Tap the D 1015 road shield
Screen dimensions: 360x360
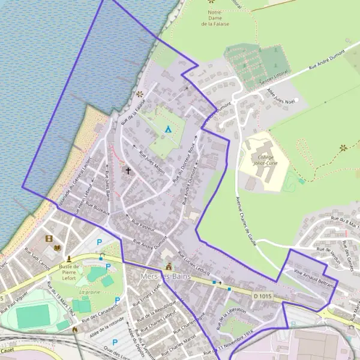tap(262, 296)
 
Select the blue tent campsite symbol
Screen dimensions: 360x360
tap(169, 129)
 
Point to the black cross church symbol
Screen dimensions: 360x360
tap(127, 171)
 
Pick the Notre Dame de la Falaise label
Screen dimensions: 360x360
tap(215, 17)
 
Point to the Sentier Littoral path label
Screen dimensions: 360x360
tap(274, 76)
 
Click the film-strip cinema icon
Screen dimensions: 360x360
tap(49, 238)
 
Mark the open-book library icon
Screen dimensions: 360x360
tap(58, 248)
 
